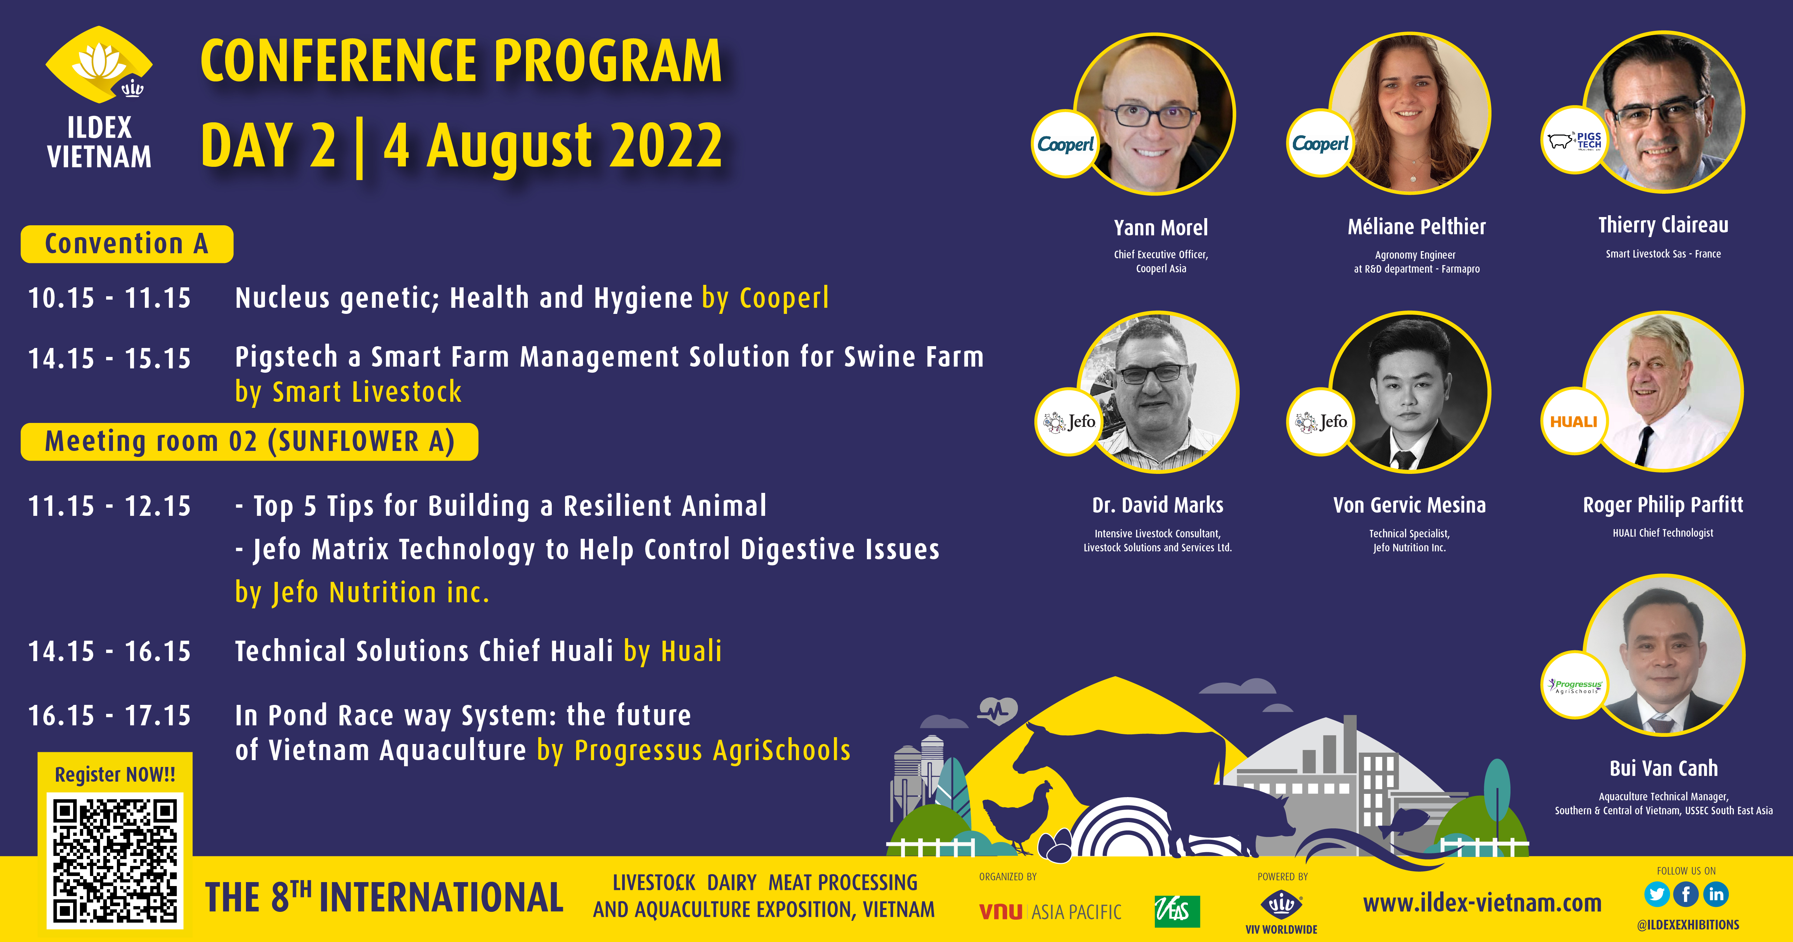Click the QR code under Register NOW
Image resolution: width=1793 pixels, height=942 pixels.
click(x=115, y=861)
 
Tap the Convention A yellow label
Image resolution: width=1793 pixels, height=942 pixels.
click(x=127, y=244)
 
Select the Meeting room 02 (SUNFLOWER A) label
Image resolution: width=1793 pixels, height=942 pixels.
click(x=249, y=442)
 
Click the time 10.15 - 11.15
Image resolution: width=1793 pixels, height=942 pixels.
click(x=109, y=298)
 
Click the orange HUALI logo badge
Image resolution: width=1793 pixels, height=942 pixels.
click(x=1574, y=421)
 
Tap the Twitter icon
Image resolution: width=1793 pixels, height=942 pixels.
click(x=1656, y=894)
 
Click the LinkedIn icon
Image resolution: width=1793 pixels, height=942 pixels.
click(x=1716, y=894)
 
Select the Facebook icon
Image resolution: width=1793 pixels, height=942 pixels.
click(x=1687, y=894)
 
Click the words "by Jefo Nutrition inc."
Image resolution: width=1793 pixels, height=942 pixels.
click(x=362, y=593)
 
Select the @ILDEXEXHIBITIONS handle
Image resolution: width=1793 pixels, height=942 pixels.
click(x=1688, y=924)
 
